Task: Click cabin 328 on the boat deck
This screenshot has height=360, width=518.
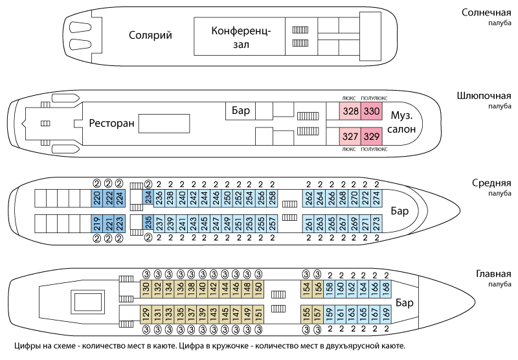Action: (350, 111)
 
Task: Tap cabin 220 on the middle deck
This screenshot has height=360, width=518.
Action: (96, 197)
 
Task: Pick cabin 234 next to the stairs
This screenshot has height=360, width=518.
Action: (148, 197)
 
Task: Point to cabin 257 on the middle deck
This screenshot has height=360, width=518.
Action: (273, 223)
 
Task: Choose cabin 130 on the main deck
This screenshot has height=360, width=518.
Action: (146, 287)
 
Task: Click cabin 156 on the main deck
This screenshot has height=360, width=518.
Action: (318, 287)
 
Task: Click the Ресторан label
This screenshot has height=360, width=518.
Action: (112, 124)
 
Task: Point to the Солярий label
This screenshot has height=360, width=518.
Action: (150, 36)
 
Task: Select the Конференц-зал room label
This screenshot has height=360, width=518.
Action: (240, 37)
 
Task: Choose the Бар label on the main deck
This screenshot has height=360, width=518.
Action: (405, 302)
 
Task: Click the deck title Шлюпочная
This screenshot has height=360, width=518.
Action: (484, 96)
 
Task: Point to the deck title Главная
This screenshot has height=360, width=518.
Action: (491, 273)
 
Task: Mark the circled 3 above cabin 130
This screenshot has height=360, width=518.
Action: (146, 273)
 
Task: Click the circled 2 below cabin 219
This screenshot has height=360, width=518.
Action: (96, 238)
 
